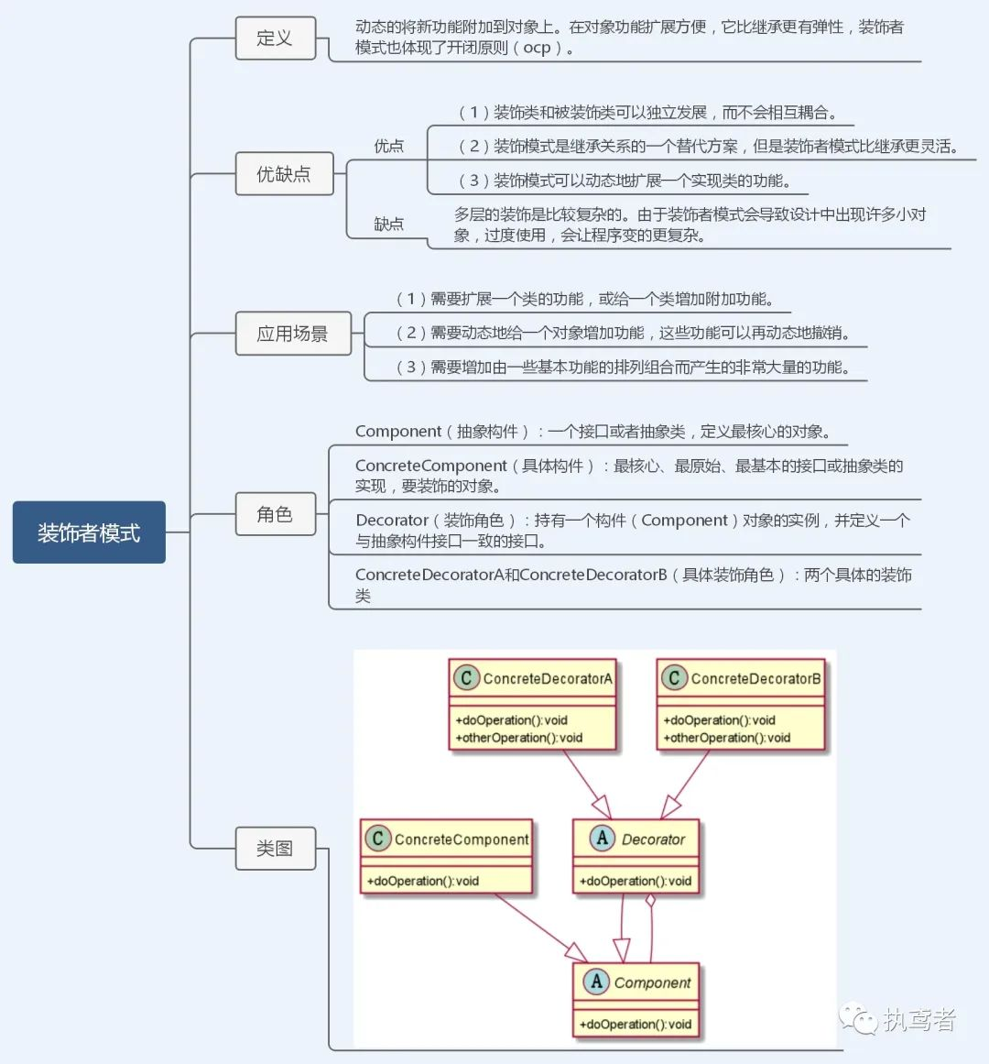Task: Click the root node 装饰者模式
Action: pos(89,532)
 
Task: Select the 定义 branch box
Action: pos(275,38)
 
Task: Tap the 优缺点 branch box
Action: pos(283,173)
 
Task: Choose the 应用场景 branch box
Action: pos(292,334)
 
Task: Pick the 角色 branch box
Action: pos(275,514)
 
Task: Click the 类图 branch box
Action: pos(275,849)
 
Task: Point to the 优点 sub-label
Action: pos(388,146)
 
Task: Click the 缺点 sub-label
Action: pos(388,224)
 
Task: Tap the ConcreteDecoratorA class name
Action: pos(548,679)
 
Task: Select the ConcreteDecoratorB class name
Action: pos(755,679)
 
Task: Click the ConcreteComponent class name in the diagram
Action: pos(462,839)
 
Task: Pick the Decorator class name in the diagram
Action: pos(653,839)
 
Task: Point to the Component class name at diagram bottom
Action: pos(652,982)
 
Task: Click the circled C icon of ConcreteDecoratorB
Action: pos(674,678)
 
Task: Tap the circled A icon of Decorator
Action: pos(602,839)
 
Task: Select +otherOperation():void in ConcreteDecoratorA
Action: pos(519,738)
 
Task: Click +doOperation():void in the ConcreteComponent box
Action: pos(423,881)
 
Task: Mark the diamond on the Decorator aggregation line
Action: pos(650,902)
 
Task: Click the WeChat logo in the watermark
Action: pos(859,1018)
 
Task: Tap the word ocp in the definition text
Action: pos(537,48)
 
